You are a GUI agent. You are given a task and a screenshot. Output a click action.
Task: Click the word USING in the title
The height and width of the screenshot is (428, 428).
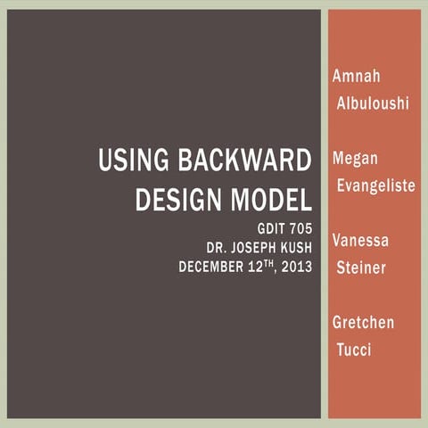[x=127, y=162]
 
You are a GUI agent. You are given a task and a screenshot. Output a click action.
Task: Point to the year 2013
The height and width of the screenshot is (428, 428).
[x=296, y=266]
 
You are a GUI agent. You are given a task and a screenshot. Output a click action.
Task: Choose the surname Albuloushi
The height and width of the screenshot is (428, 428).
[x=372, y=103]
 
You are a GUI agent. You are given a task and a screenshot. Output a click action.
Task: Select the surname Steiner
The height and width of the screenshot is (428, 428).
[x=361, y=267]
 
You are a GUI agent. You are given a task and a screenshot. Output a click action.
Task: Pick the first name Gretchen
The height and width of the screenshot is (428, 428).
[x=363, y=322]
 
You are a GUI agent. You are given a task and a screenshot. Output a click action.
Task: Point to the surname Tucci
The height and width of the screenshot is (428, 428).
[x=354, y=349]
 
